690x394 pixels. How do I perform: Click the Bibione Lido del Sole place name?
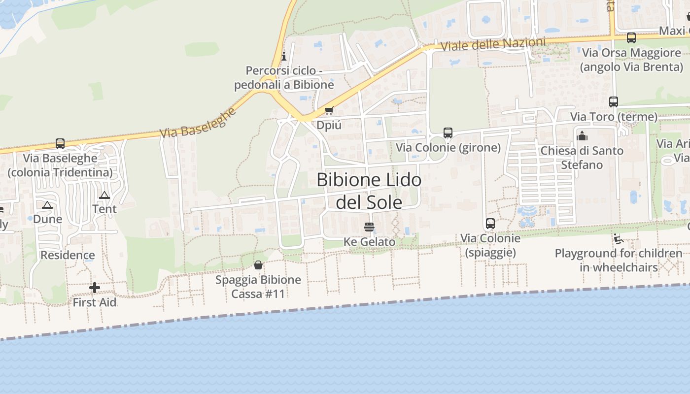point(369,191)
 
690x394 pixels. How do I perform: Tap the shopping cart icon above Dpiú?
point(329,110)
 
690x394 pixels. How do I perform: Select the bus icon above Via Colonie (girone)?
point(448,132)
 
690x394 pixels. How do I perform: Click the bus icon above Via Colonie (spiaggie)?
point(490,224)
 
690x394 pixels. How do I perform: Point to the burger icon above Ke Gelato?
point(369,227)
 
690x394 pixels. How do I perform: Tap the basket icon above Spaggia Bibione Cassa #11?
point(258,265)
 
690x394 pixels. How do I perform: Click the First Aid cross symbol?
point(95,288)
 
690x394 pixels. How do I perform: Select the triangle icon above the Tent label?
point(104,196)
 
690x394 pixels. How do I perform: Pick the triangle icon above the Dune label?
point(47,205)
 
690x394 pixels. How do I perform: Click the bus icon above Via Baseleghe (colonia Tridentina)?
point(60,144)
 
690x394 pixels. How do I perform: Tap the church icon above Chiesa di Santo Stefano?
point(582,136)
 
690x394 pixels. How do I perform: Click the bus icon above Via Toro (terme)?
point(614,102)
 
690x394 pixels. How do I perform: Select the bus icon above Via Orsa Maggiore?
point(631,38)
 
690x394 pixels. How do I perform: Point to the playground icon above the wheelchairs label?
point(619,239)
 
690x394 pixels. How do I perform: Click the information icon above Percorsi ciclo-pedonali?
point(283,56)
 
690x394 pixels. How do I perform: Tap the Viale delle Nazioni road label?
point(493,44)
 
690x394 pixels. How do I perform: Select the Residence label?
point(68,255)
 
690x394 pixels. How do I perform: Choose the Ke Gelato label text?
point(369,242)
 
